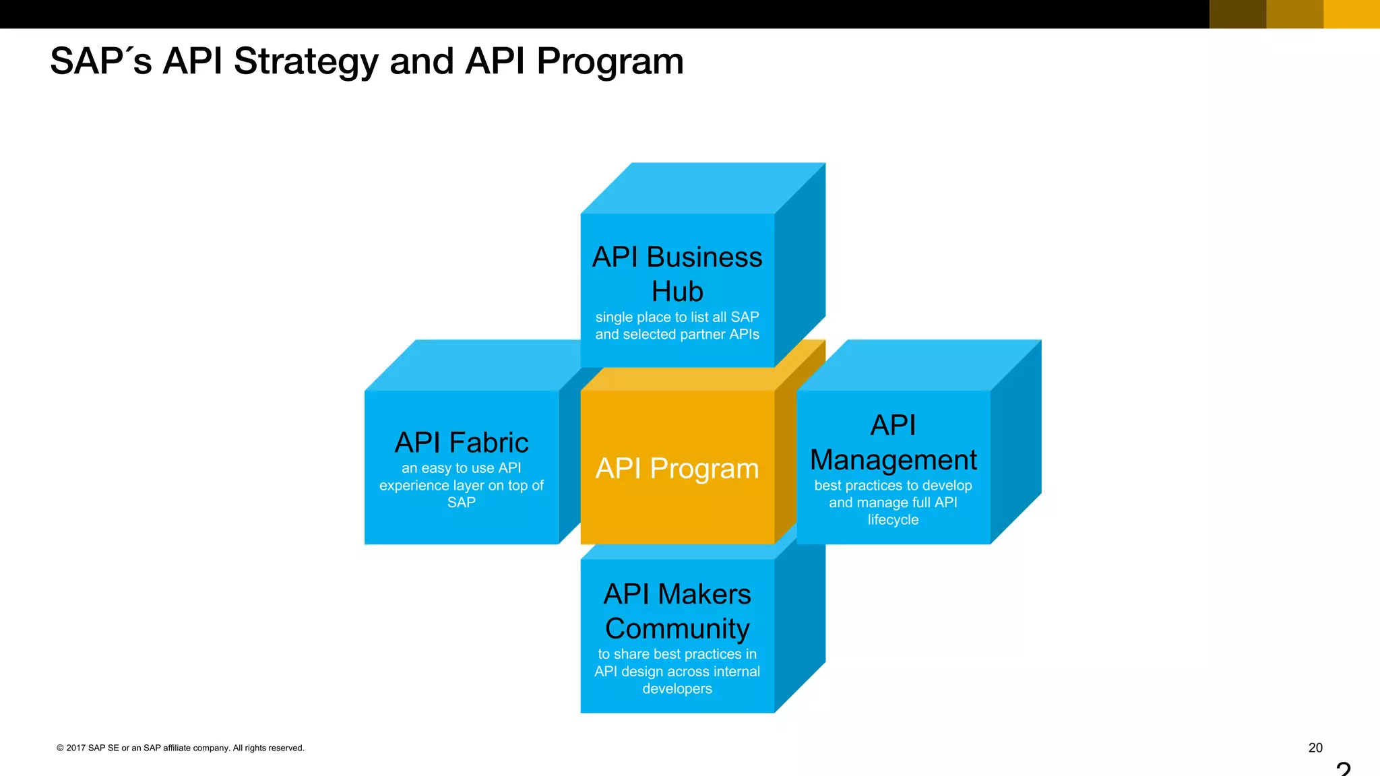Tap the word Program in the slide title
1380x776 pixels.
[610, 62]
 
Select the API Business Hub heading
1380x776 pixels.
[677, 274]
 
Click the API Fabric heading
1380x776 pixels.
[462, 443]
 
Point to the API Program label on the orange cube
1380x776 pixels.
[677, 468]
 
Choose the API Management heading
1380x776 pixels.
[893, 443]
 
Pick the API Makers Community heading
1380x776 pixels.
[677, 611]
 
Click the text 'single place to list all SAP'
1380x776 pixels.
[677, 317]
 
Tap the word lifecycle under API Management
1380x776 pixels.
[893, 520]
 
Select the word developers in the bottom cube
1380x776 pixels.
[677, 689]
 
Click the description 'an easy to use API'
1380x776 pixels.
[462, 468]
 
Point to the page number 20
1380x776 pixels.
[1315, 748]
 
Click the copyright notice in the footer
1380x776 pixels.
[181, 748]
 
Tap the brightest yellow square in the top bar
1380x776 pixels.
[1352, 13]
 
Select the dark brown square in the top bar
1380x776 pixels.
[1238, 13]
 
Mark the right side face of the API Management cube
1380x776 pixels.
[1016, 441]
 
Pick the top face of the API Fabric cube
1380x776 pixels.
[472, 365]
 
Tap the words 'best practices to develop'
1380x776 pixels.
[893, 486]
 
